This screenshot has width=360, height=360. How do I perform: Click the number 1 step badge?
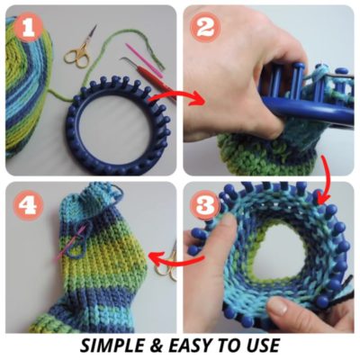31,31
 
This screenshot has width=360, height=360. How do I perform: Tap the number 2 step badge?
204,28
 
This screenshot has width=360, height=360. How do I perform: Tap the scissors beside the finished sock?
165,266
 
